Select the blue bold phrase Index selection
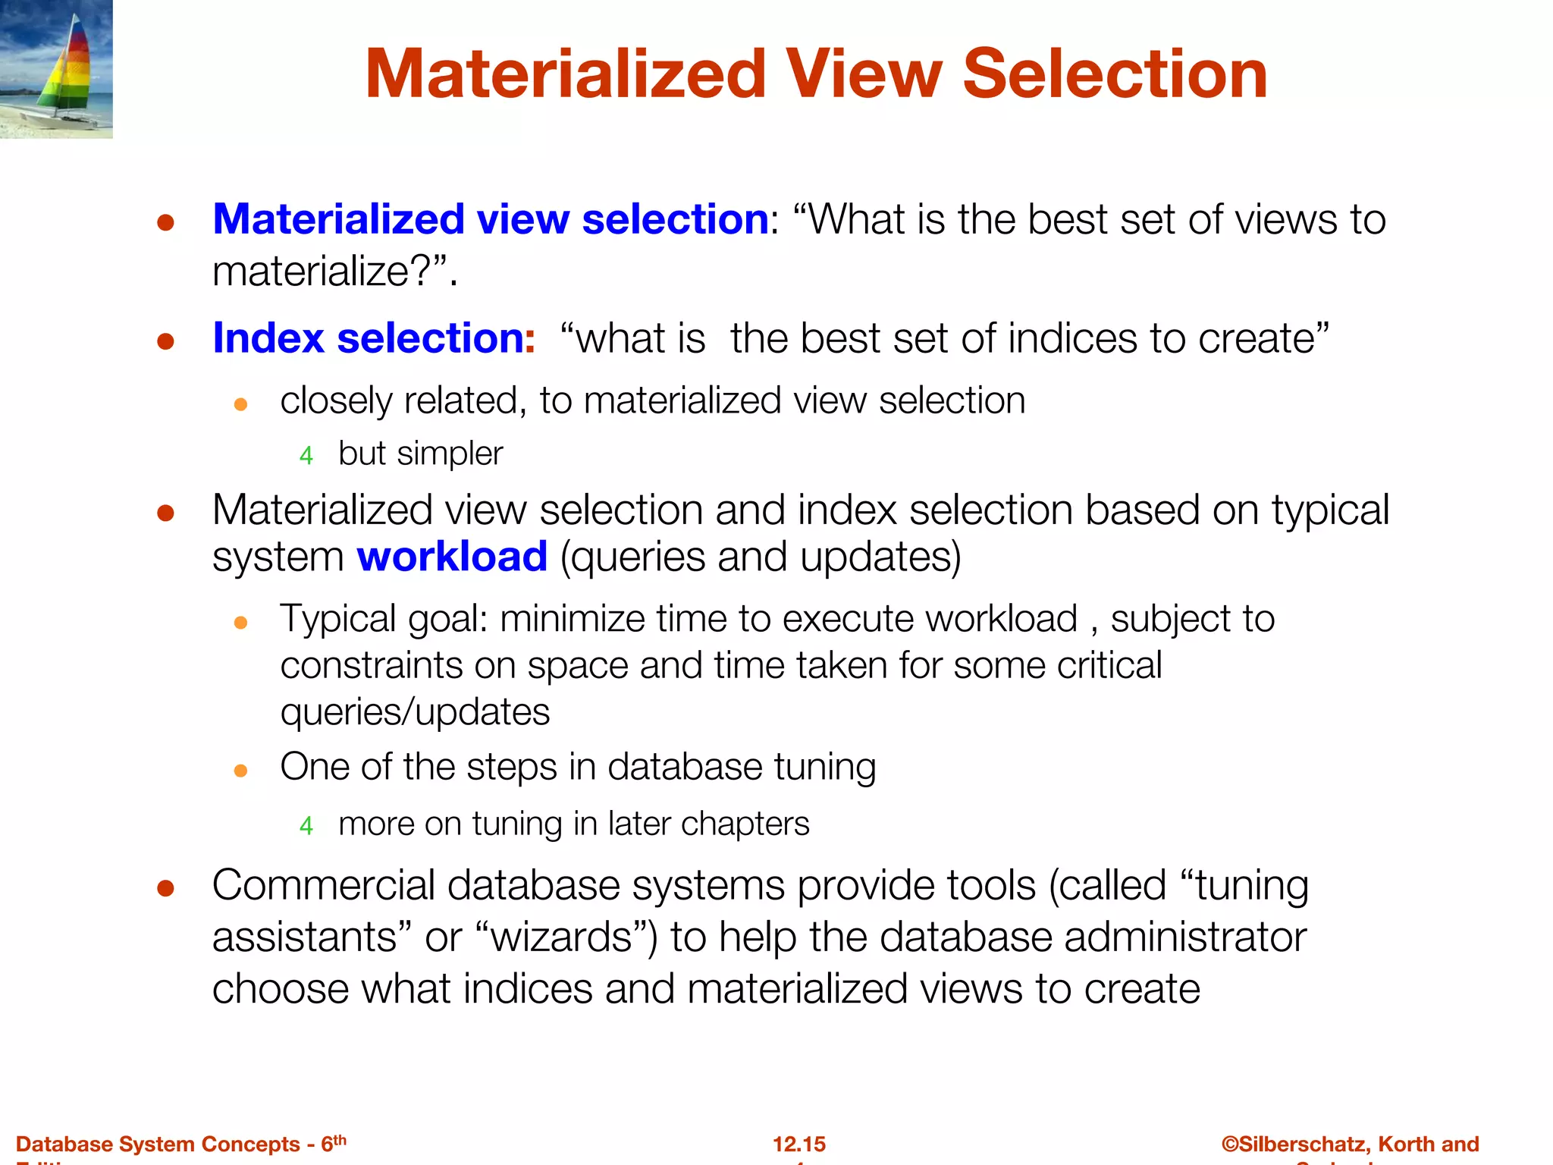[369, 338]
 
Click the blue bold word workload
[452, 557]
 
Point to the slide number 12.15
[798, 1144]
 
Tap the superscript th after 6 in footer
[340, 1139]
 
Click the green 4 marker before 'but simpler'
[306, 455]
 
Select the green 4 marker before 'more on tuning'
[306, 825]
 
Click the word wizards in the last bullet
[562, 937]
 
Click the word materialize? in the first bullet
[323, 272]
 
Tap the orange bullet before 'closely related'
[241, 404]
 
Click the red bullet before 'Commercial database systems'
[166, 887]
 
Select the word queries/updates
[415, 712]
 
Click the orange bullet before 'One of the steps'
[241, 771]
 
